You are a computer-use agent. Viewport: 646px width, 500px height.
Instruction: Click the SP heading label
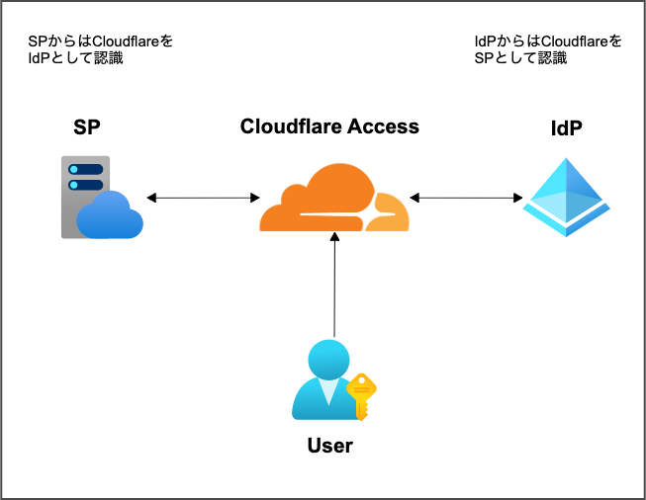(87, 127)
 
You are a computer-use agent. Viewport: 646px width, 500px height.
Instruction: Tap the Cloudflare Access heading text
(329, 126)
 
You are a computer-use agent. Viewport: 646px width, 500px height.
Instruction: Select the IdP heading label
(566, 128)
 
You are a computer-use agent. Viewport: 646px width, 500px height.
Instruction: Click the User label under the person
(330, 446)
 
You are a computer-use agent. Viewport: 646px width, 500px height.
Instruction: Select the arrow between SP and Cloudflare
(202, 198)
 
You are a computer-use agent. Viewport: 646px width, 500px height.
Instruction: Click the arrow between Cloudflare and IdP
(465, 199)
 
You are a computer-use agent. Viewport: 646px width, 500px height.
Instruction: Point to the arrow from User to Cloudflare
(335, 287)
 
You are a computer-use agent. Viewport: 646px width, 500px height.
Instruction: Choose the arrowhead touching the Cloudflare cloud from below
(335, 237)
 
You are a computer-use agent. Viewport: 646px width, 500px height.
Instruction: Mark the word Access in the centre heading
(387, 126)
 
